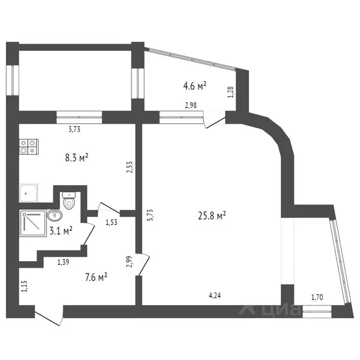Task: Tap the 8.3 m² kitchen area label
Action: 76,158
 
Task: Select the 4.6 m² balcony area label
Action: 195,86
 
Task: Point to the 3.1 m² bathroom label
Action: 61,231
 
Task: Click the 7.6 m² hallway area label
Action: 96,277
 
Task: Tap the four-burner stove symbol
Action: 29,147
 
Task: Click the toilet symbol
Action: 69,200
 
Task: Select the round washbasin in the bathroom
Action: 54,216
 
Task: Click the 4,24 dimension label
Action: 215,295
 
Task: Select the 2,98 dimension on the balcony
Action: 191,105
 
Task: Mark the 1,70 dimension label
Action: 317,296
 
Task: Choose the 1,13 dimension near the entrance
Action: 23,286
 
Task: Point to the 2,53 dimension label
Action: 130,168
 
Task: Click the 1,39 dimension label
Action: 64,262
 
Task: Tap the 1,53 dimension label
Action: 111,223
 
